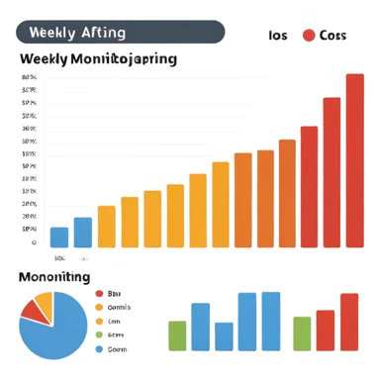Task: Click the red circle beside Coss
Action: (309, 36)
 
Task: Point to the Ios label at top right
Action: (278, 36)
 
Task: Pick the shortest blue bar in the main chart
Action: (59, 237)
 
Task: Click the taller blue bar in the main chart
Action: (83, 232)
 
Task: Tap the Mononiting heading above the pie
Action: (54, 278)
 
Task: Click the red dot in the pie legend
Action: (98, 294)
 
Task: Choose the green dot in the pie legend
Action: (98, 334)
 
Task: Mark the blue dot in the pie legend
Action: (98, 348)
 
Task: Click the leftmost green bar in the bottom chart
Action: (177, 335)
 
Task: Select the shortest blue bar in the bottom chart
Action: (225, 336)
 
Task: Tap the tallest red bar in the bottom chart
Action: (349, 322)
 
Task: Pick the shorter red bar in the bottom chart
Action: (326, 330)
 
